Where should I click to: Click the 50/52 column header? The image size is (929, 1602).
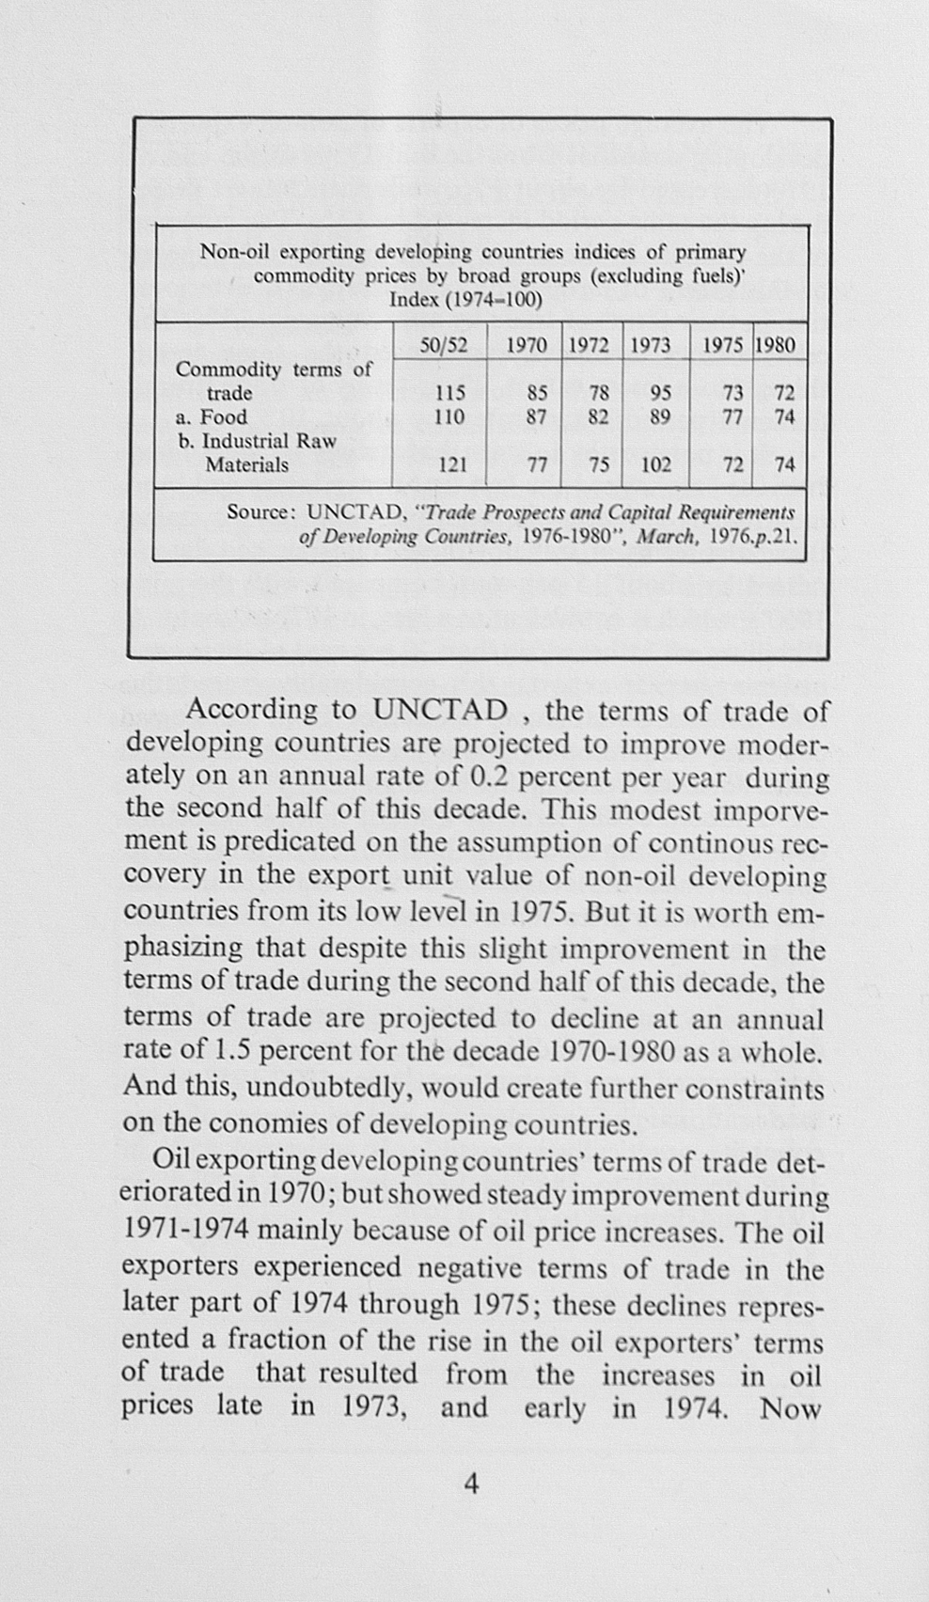point(443,346)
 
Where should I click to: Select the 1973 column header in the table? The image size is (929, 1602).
point(650,346)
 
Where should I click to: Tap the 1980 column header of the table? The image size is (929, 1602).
point(776,346)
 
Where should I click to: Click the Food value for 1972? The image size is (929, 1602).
point(599,416)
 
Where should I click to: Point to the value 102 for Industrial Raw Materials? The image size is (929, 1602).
point(655,464)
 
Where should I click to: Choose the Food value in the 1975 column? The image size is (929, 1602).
point(732,416)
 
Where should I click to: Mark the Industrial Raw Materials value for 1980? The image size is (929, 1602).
point(784,464)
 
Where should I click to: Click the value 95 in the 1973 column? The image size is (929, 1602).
point(660,393)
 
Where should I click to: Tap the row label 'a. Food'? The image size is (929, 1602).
point(212,416)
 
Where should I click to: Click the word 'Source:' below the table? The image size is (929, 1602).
point(261,512)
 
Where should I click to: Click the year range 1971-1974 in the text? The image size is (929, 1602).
point(184,1231)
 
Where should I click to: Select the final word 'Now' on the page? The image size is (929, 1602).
point(791,1408)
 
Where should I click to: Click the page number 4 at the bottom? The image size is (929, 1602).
point(471,1484)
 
